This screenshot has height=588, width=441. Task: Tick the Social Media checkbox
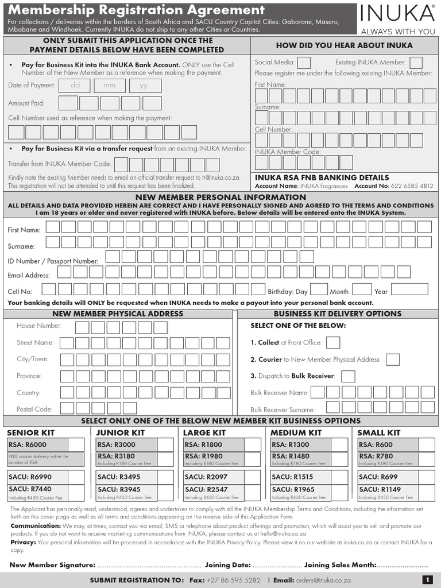tap(304, 63)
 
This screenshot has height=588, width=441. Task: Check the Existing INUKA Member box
tap(416, 63)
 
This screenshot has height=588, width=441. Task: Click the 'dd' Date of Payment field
tap(75, 86)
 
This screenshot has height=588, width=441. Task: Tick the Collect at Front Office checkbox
tap(333, 343)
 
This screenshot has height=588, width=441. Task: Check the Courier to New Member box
tap(393, 359)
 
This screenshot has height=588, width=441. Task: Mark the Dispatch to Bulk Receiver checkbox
tap(348, 377)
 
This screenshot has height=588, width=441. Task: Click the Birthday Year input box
tap(409, 289)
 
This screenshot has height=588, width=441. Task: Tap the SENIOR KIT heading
tap(30, 432)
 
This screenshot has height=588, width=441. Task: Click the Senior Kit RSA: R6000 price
tap(28, 445)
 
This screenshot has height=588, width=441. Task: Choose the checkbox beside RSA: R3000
tap(165, 445)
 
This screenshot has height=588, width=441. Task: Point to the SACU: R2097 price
tap(206, 477)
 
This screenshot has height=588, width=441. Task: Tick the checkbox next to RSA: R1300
tap(339, 445)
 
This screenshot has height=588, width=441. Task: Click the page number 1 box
tap(427, 580)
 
